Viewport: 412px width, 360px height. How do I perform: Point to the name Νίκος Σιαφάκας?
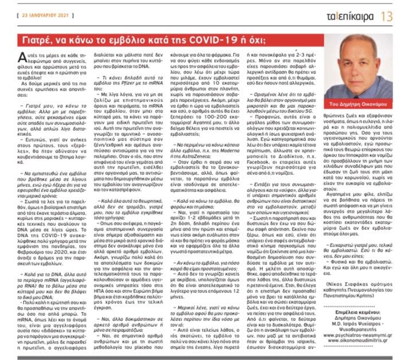click(x=344, y=297)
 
